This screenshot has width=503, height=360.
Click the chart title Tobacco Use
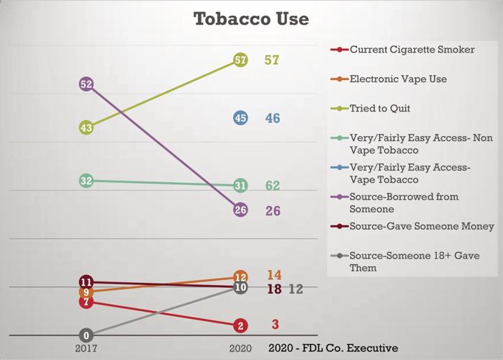(x=251, y=19)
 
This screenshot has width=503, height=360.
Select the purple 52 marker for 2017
(x=86, y=84)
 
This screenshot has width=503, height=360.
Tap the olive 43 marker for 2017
(x=86, y=127)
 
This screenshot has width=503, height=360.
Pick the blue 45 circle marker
(x=240, y=118)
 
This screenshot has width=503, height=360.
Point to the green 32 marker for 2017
(x=86, y=181)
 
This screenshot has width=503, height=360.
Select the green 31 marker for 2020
(x=240, y=186)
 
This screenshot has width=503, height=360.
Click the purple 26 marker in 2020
(x=240, y=210)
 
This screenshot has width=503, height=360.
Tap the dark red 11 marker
(x=86, y=282)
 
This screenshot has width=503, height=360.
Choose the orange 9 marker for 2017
(x=86, y=292)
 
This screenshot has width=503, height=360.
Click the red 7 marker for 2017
(x=86, y=302)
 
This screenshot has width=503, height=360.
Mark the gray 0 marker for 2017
(x=86, y=336)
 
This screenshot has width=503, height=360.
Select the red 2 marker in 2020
(x=240, y=325)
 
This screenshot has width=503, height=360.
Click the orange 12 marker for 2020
(x=240, y=276)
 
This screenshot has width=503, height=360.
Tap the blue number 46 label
(x=273, y=118)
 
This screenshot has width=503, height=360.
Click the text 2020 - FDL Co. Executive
(x=333, y=348)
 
